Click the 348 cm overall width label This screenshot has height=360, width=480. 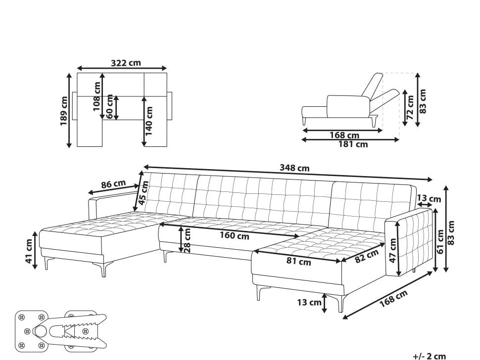point(294,168)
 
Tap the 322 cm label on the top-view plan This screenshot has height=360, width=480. point(126,63)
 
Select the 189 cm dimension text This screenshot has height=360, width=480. point(64,111)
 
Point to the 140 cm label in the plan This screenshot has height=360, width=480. point(148,121)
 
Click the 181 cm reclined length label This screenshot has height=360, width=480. point(353,144)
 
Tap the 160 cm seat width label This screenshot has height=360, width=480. point(235,236)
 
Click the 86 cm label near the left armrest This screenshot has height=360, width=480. point(113,184)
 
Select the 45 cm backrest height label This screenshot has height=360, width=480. point(144,193)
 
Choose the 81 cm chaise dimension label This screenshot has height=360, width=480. point(299,262)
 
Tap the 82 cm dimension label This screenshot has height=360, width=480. point(367,256)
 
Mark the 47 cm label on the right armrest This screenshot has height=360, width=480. point(393,251)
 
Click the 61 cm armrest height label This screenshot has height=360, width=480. point(440,242)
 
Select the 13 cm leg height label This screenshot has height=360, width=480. point(309,303)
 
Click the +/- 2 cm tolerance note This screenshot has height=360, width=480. point(430,357)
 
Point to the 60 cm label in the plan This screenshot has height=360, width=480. point(109,107)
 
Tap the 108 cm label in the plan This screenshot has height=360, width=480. point(96,96)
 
